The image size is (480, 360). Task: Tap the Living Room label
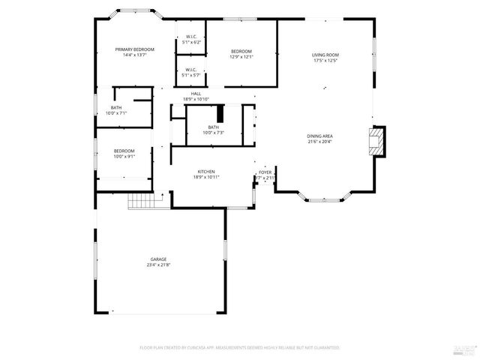(x=325, y=55)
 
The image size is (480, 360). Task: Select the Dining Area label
(x=319, y=136)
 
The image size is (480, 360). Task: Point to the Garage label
(x=157, y=259)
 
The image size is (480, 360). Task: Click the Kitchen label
(x=206, y=171)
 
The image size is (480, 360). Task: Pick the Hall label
(x=196, y=94)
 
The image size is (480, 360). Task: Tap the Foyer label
(x=265, y=172)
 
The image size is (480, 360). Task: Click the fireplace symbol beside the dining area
(x=376, y=141)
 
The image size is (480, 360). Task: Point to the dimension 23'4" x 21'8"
(x=157, y=265)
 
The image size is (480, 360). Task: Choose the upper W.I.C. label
(x=191, y=37)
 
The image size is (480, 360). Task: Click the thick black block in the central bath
(x=220, y=113)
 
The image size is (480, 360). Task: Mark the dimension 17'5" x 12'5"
(x=325, y=61)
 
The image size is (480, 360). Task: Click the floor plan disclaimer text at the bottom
(x=239, y=348)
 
